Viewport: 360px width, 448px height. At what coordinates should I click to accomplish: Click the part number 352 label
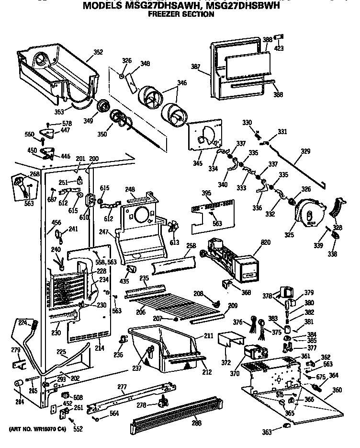pos(98,52)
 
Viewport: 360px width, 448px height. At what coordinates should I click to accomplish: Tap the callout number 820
pos(265,242)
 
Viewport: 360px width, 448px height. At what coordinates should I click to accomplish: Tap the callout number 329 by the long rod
pos(305,151)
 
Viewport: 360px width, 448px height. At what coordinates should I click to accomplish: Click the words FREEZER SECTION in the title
pos(181,14)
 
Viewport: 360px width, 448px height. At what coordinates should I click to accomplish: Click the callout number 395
pos(206,193)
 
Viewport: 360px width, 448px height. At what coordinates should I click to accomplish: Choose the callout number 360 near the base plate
pos(337,390)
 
